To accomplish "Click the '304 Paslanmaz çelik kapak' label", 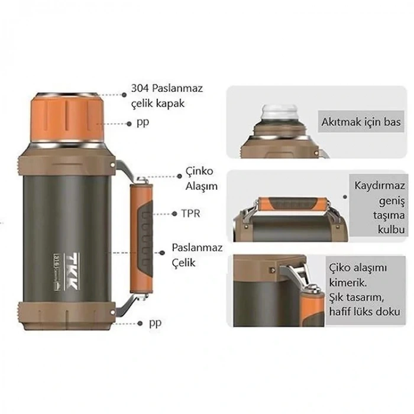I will point(167,96).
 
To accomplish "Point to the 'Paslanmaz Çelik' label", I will point(197,254).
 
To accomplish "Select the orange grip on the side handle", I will point(143,237).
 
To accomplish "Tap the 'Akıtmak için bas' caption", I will point(361,122).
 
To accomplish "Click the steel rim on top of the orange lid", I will point(65,95).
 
